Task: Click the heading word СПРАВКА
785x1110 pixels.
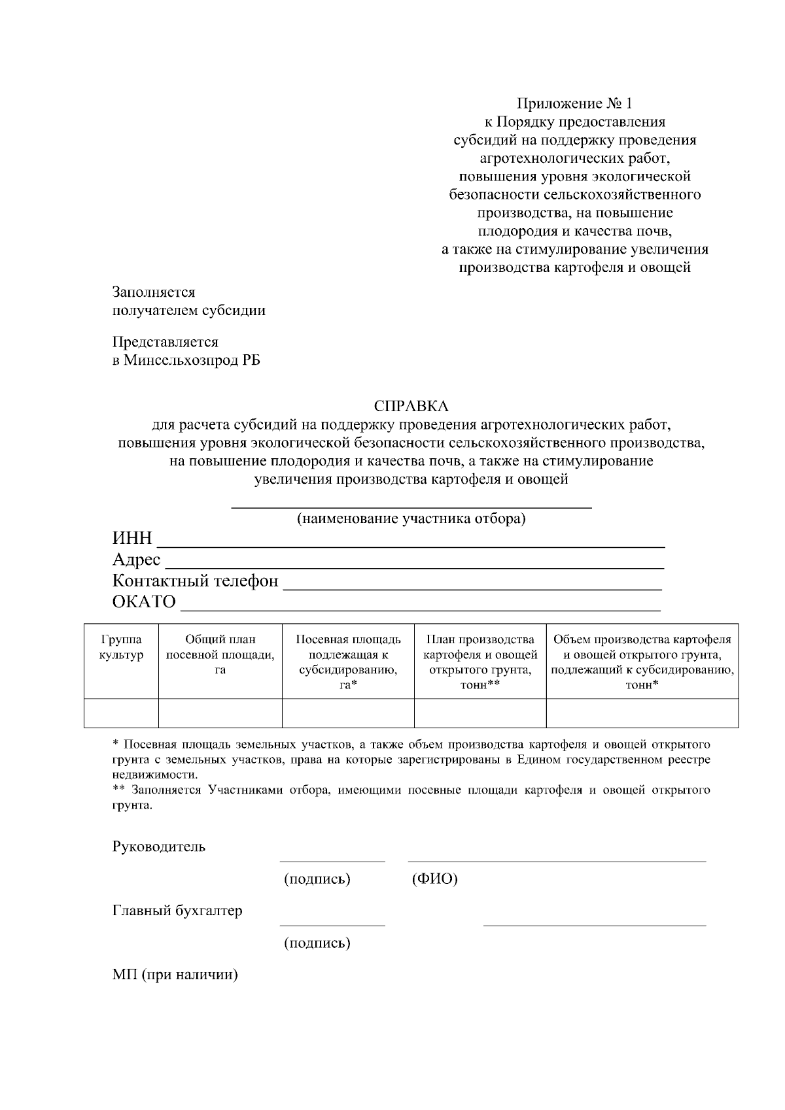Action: tap(411, 407)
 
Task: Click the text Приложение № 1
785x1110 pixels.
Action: tap(575, 103)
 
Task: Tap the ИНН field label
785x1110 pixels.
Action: tap(132, 538)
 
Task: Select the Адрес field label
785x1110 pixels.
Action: tap(136, 560)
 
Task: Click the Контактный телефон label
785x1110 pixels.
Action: tap(195, 580)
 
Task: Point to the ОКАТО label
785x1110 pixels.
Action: tap(144, 601)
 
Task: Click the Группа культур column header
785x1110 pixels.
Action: tap(121, 647)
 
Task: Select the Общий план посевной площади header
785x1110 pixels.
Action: tap(220, 655)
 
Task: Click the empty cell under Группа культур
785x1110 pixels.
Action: tap(121, 713)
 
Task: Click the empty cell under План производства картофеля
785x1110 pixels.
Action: tap(480, 713)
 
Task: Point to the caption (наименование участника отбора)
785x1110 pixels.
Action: tap(411, 519)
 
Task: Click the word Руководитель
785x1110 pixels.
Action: tap(158, 847)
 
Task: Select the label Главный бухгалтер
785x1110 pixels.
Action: tap(177, 911)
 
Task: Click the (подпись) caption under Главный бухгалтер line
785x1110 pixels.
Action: tap(317, 943)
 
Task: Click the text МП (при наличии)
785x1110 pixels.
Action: tap(175, 975)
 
